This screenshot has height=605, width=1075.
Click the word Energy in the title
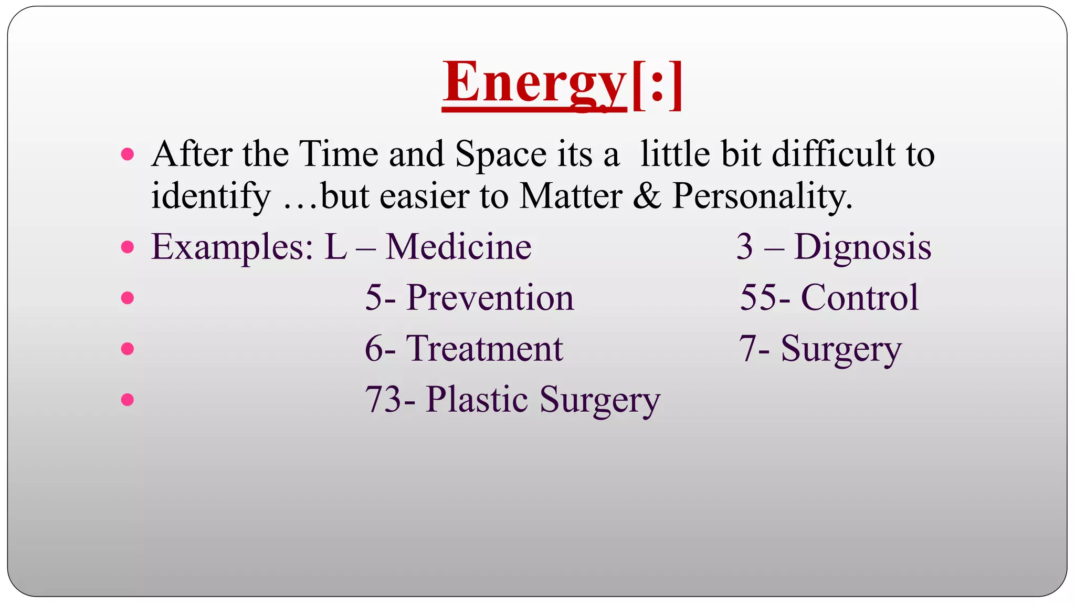pyautogui.click(x=534, y=83)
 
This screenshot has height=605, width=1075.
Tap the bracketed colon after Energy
pyautogui.click(x=657, y=84)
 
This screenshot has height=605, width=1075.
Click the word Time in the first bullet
pyautogui.click(x=339, y=154)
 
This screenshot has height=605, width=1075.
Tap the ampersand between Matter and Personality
pyautogui.click(x=647, y=196)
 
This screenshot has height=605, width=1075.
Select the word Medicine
pyautogui.click(x=458, y=247)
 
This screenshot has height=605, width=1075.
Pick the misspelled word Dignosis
pyautogui.click(x=862, y=247)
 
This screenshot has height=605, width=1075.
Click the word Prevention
pyautogui.click(x=490, y=298)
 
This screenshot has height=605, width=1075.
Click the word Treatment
pyautogui.click(x=484, y=349)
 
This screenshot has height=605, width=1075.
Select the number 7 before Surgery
pyautogui.click(x=747, y=349)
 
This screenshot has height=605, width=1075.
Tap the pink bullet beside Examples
pyautogui.click(x=128, y=247)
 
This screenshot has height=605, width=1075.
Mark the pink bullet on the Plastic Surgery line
pyautogui.click(x=128, y=400)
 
